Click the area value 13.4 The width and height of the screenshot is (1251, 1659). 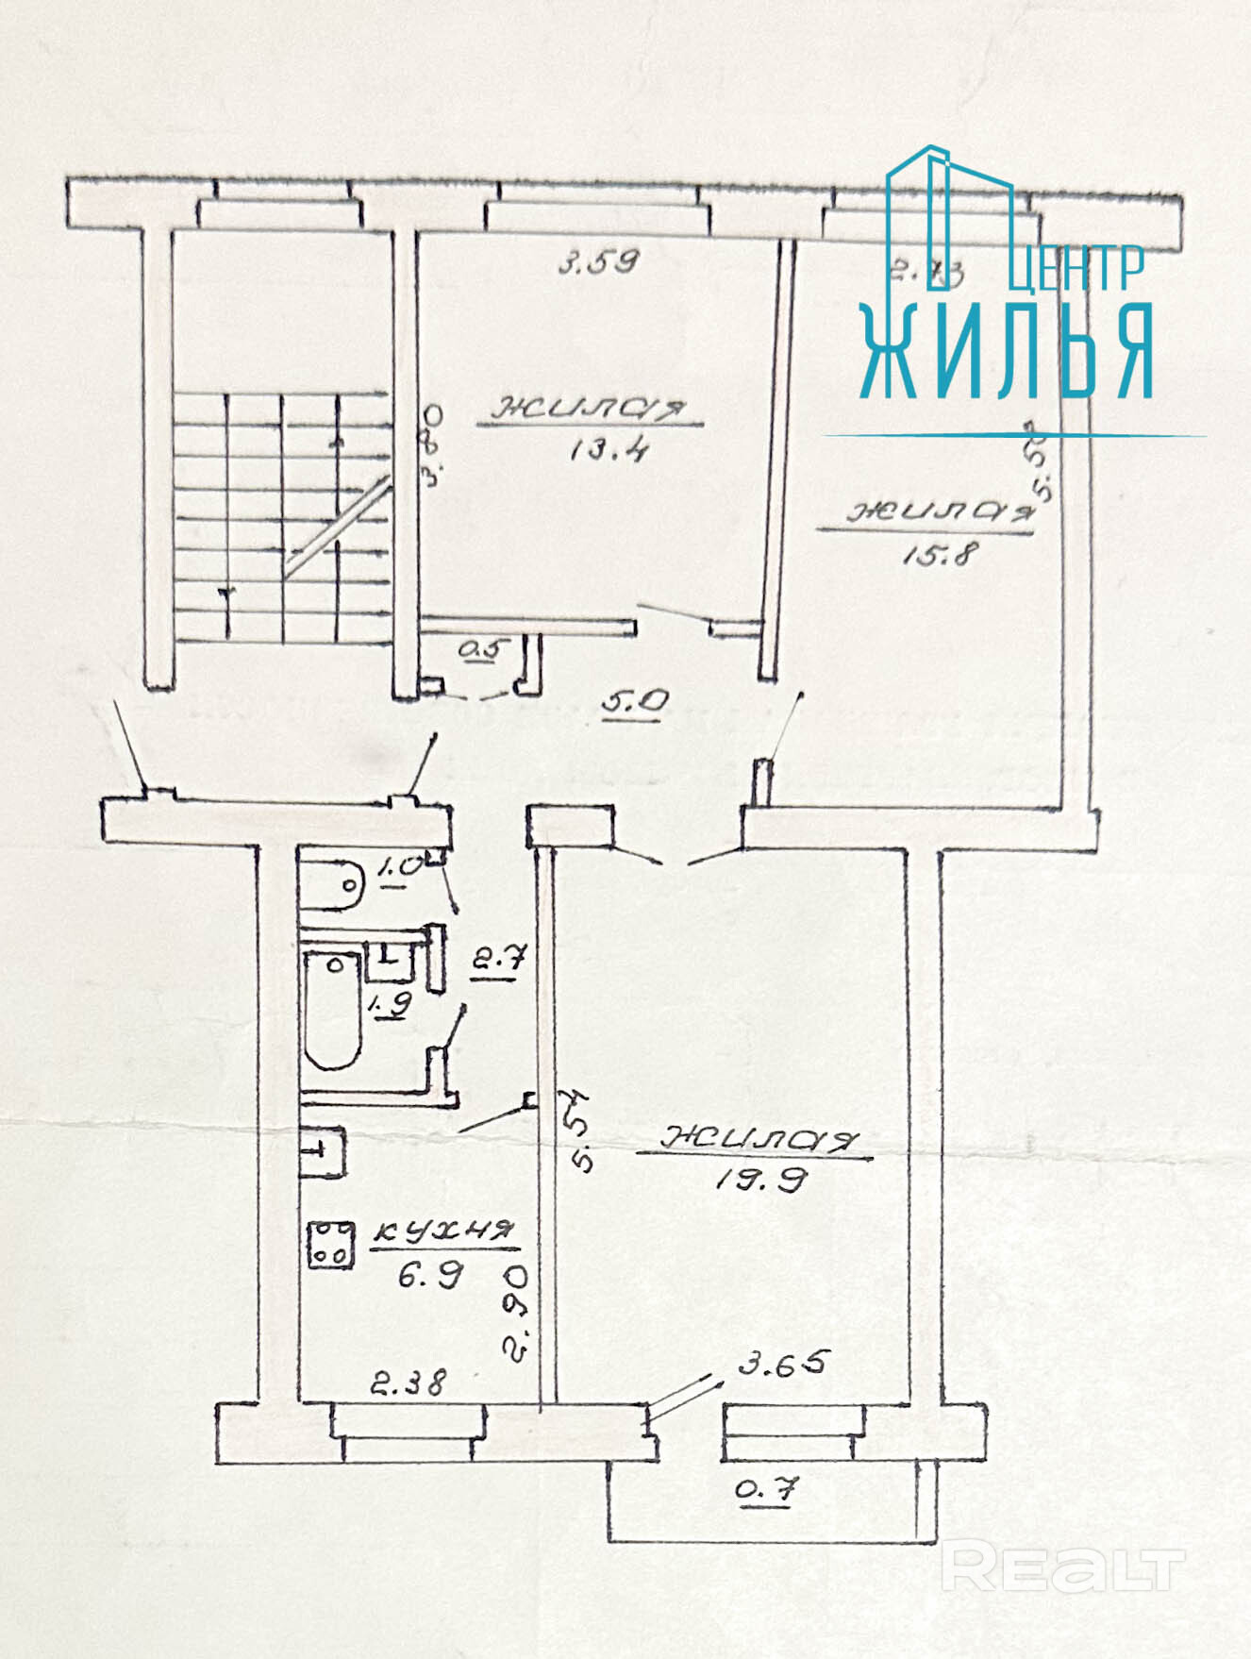(608, 449)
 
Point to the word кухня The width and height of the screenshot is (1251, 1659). (443, 1231)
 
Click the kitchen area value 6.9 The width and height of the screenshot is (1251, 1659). (429, 1276)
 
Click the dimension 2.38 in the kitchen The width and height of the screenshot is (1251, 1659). (408, 1383)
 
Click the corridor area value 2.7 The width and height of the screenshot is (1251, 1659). (497, 962)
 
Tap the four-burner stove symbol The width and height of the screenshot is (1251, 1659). (330, 1244)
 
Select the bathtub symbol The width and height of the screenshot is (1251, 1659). (333, 1010)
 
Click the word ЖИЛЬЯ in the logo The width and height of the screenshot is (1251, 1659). (1007, 353)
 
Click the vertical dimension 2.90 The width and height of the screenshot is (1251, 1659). (516, 1314)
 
